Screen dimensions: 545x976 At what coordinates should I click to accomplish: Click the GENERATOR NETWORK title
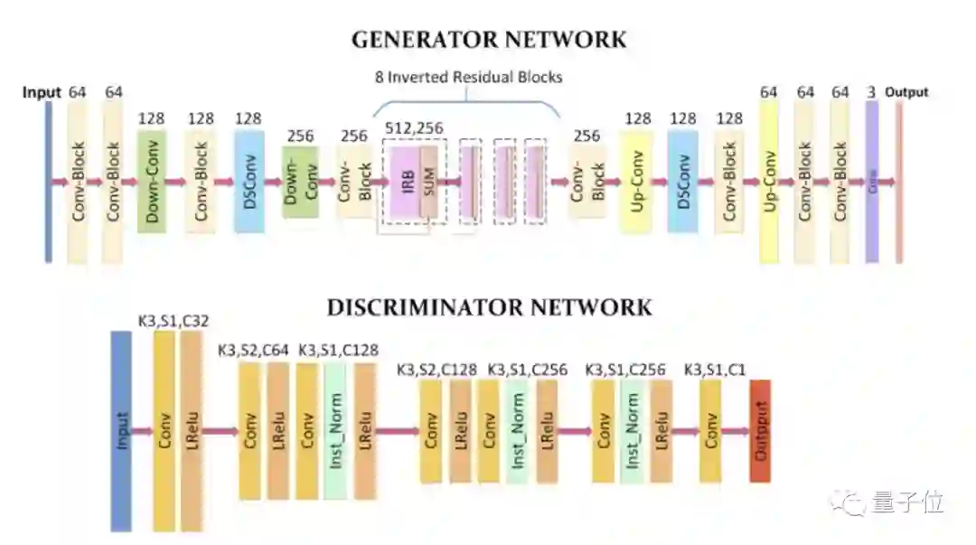click(x=488, y=39)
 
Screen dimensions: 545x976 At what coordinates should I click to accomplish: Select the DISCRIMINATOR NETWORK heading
click(x=488, y=307)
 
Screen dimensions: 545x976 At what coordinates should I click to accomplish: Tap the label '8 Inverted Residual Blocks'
click(x=468, y=77)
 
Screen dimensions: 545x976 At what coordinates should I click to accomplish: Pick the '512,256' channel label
click(x=414, y=128)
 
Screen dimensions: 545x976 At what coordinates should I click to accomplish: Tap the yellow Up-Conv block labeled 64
click(x=769, y=181)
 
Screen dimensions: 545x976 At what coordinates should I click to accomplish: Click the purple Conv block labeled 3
click(x=872, y=181)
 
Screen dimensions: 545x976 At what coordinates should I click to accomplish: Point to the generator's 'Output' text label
click(x=906, y=92)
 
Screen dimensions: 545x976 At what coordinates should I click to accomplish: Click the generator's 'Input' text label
click(x=42, y=92)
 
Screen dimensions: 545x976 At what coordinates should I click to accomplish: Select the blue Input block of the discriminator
click(x=121, y=431)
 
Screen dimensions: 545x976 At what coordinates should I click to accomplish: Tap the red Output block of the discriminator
click(x=760, y=431)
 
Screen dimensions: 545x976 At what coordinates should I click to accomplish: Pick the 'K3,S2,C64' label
click(x=255, y=351)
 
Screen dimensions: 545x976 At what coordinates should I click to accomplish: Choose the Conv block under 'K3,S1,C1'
click(x=710, y=431)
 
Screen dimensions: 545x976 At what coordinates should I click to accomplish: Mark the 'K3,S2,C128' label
click(x=436, y=369)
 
